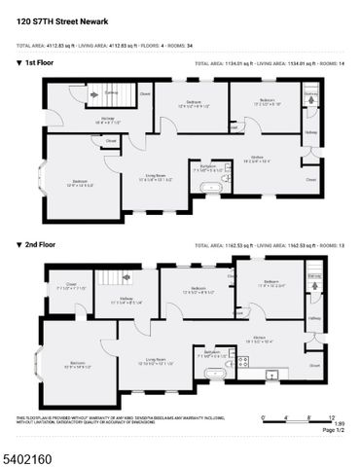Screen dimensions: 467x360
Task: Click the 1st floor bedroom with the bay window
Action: [81, 181]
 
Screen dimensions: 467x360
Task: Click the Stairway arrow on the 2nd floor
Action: [314, 282]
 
